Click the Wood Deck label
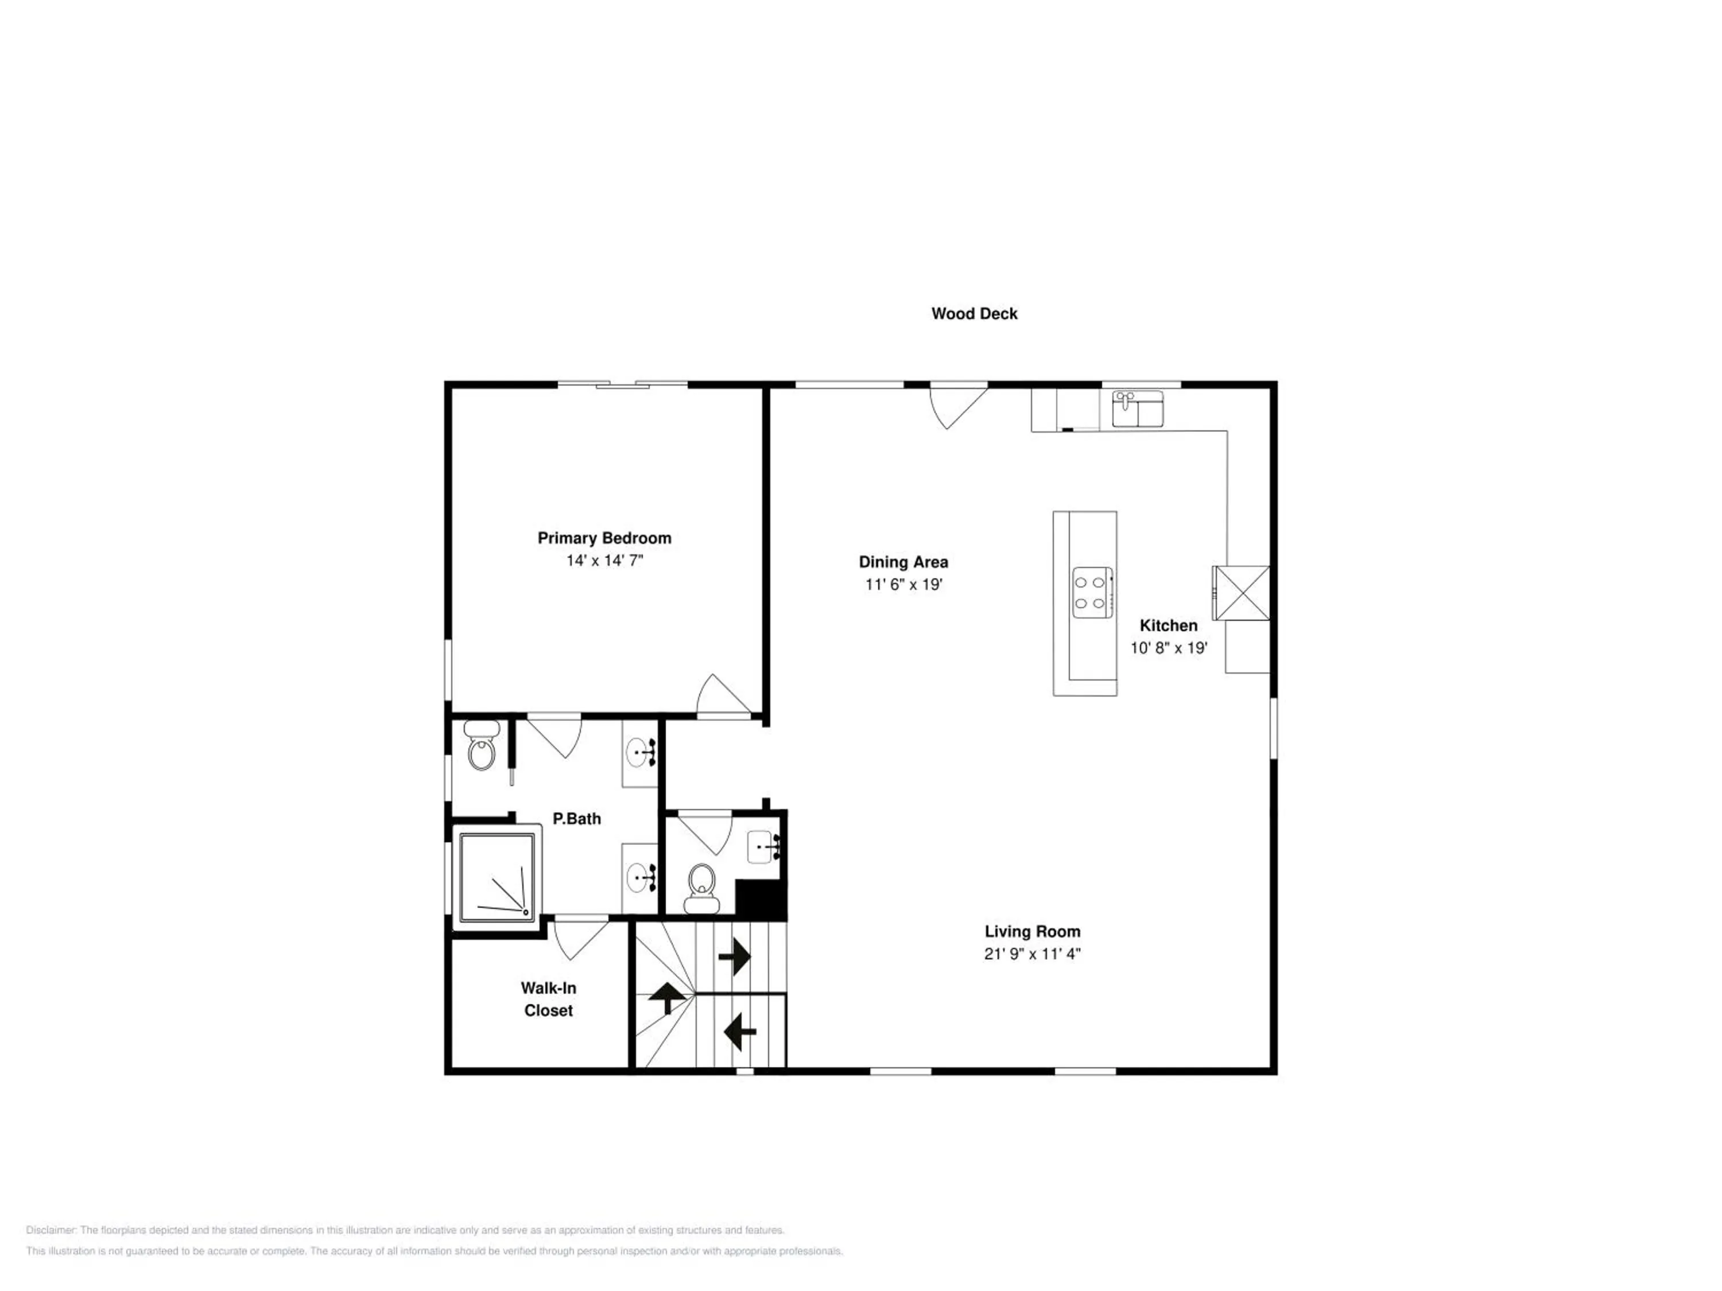point(974,314)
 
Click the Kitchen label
point(1169,625)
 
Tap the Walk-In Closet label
point(548,999)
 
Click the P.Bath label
point(577,819)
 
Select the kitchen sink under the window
point(1137,409)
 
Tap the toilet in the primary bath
point(482,745)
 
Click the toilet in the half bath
point(701,888)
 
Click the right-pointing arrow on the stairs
point(734,956)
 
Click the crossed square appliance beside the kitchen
point(1242,593)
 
